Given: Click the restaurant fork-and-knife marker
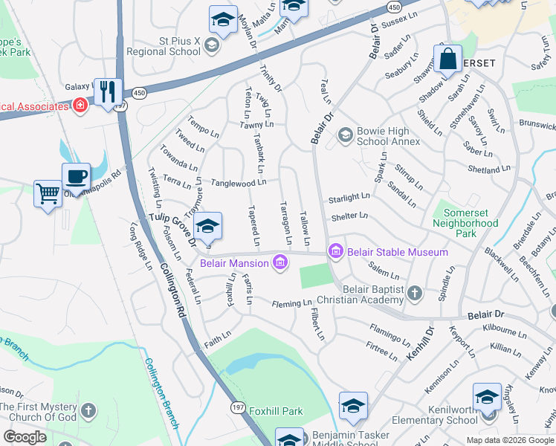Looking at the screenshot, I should pos(109,91).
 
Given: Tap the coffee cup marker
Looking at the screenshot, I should pos(76,177).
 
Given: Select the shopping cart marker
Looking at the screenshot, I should pos(48,193).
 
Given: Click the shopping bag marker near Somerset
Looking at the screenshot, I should pos(448,59).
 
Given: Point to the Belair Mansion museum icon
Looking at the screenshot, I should pos(280,262).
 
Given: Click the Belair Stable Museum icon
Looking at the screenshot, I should pos(335,252).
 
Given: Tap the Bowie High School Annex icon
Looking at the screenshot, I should pos(345,135).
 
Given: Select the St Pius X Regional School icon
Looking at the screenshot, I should pos(212,46).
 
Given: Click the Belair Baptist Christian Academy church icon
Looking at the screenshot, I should pos(415,294).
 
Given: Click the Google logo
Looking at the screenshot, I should pos(25,437).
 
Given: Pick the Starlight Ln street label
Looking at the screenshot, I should pos(349,197).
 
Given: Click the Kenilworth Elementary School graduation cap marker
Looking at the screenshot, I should pos(487,396).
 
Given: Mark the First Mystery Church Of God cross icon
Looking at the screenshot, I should pos(88,410).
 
